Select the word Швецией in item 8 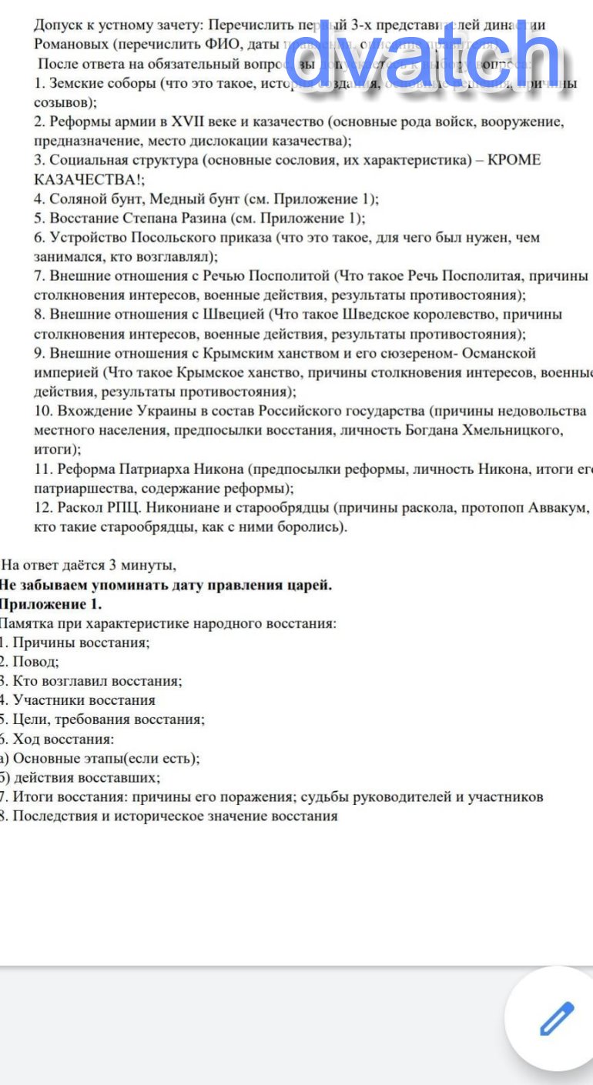tap(233, 315)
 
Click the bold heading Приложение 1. tap(51, 604)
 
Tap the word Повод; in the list tap(35, 662)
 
